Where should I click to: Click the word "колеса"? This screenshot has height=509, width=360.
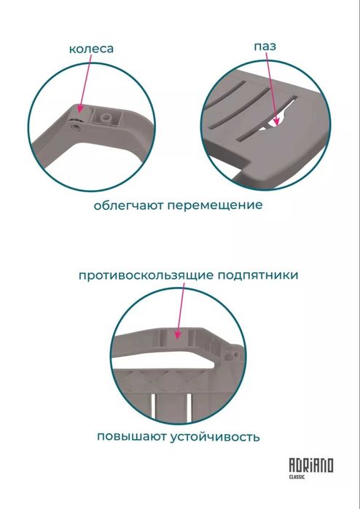(x=91, y=49)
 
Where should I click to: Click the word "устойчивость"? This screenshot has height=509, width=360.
(x=216, y=438)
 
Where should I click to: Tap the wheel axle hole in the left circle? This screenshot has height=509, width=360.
(x=77, y=125)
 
